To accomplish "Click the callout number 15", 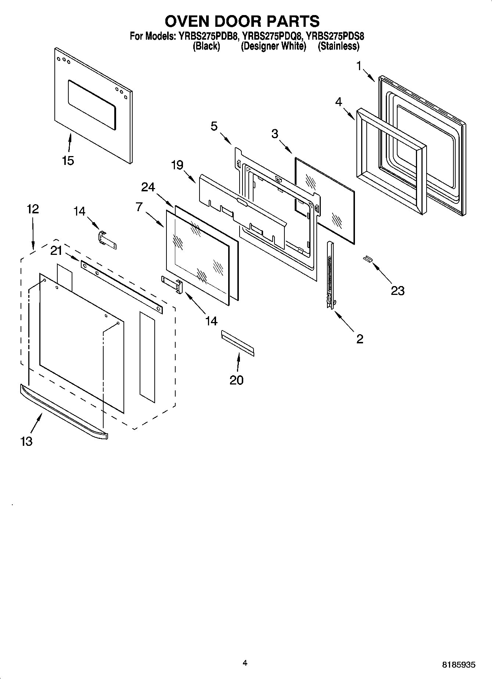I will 68,160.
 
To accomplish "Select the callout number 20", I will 236,380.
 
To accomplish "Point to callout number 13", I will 26,441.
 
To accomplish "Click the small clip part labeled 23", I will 367,260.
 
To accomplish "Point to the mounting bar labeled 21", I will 121,287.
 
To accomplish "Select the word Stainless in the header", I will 338,46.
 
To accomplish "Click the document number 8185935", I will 459,665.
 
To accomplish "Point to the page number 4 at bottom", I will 245,663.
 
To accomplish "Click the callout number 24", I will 148,187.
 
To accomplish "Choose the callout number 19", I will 177,165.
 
